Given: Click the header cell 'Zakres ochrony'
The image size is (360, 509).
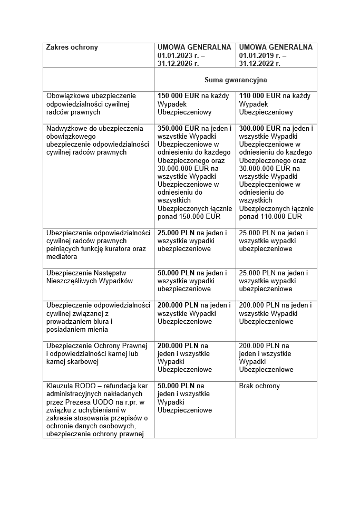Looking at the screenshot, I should click(x=72, y=47).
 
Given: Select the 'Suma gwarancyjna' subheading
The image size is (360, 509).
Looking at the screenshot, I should click(x=236, y=80).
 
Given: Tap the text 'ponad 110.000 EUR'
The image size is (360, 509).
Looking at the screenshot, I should click(x=270, y=216).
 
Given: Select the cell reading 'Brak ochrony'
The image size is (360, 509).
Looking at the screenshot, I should click(x=259, y=386).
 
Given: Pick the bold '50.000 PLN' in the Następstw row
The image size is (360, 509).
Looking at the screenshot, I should click(x=176, y=273).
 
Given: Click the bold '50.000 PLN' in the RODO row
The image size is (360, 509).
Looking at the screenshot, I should click(x=176, y=386).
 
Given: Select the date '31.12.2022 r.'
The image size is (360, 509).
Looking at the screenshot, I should click(x=259, y=63).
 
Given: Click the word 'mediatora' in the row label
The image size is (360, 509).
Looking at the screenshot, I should click(x=62, y=257).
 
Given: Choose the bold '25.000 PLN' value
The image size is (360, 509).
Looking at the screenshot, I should click(x=176, y=233).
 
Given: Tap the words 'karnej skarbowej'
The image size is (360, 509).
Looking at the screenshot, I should click(x=72, y=362).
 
